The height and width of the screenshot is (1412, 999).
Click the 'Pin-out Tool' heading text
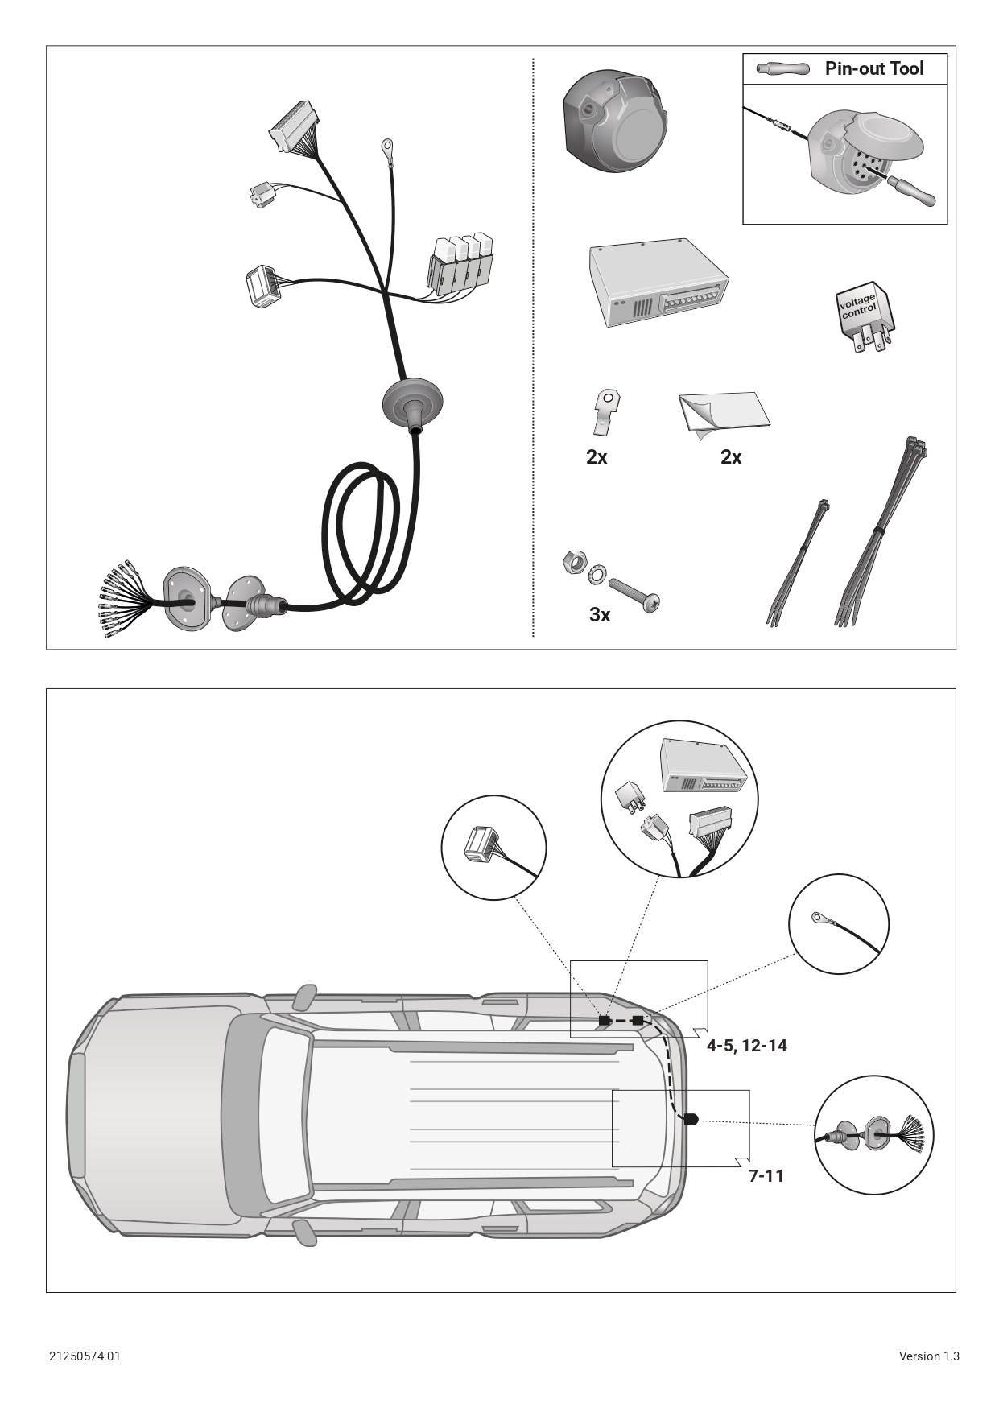[x=874, y=68]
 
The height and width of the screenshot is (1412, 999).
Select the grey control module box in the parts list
[x=658, y=282]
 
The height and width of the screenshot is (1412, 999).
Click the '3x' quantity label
[x=600, y=615]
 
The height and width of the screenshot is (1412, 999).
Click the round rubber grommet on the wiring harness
[x=414, y=403]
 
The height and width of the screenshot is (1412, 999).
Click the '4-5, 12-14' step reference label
[x=747, y=1046]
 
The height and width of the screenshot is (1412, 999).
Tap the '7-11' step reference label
[x=766, y=1176]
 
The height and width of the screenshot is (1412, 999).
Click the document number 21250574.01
[x=85, y=1356]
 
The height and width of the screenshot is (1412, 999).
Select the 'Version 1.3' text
[x=929, y=1356]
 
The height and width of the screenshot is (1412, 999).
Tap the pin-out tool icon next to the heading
[x=782, y=69]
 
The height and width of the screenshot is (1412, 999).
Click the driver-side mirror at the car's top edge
[x=303, y=997]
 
